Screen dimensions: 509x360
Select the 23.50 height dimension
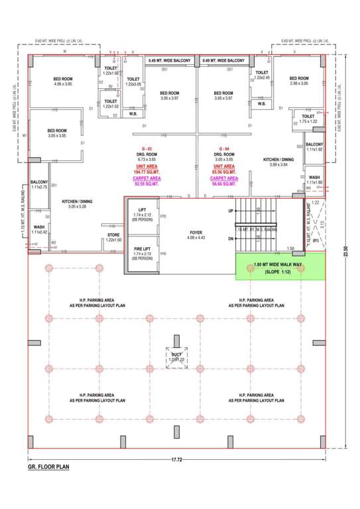[x=345, y=253]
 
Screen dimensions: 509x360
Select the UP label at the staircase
[x=231, y=211]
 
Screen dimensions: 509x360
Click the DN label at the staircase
[x=231, y=239]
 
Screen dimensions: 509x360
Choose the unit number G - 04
[x=224, y=149]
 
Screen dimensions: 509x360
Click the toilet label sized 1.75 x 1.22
[x=308, y=119]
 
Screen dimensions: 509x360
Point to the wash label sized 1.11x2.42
[x=38, y=230]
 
